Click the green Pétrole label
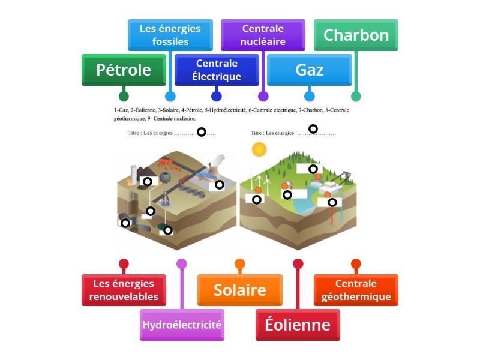click(124, 70)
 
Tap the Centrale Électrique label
click(217, 70)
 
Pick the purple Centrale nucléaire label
click(263, 35)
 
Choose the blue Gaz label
click(309, 70)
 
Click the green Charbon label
click(356, 35)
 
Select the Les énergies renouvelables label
click(124, 290)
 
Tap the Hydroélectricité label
click(182, 325)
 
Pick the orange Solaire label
click(240, 290)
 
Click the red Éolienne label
click(298, 325)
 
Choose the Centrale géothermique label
click(356, 290)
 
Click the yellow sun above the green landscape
click(259, 149)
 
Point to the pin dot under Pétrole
click(124, 96)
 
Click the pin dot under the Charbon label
click(356, 96)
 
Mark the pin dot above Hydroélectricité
click(182, 263)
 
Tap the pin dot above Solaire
click(240, 263)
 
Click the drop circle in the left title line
click(202, 131)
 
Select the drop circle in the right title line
click(313, 128)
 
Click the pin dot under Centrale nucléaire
click(263, 96)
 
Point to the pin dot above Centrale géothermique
click(356, 263)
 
